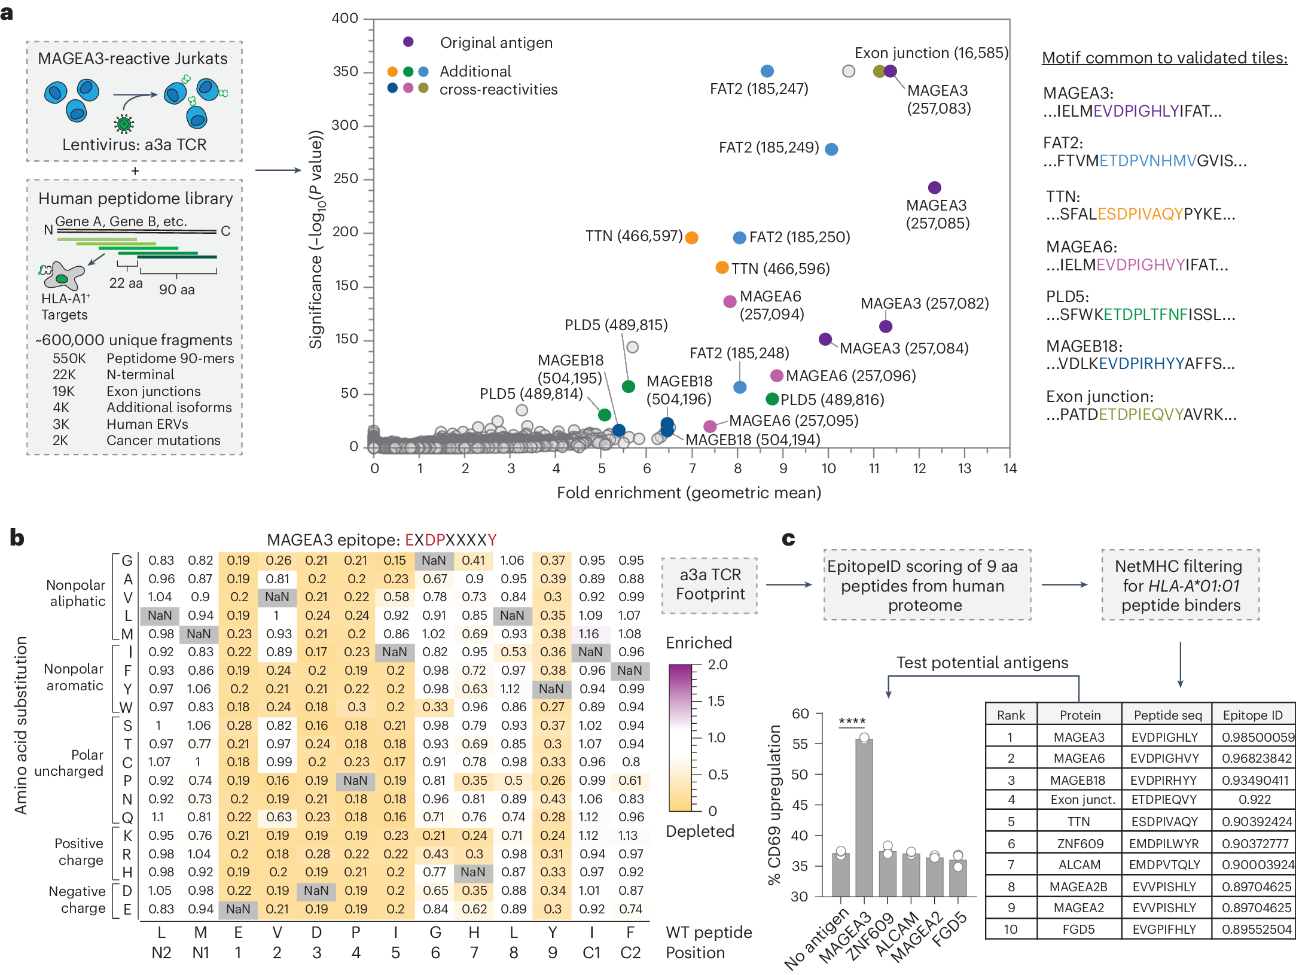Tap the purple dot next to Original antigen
pyautogui.click(x=408, y=42)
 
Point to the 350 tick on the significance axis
pyautogui.click(x=345, y=72)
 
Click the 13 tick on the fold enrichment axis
pyautogui.click(x=964, y=468)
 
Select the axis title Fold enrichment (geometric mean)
pyautogui.click(x=688, y=493)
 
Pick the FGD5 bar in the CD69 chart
pyautogui.click(x=957, y=877)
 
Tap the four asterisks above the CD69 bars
pyautogui.click(x=852, y=721)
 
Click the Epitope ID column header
pyautogui.click(x=1252, y=715)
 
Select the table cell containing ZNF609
pyautogui.click(x=1079, y=843)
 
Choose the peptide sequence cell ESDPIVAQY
pyautogui.click(x=1164, y=821)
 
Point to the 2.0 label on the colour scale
pyautogui.click(x=718, y=665)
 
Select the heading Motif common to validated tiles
pyautogui.click(x=1164, y=57)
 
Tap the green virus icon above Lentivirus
pyautogui.click(x=124, y=124)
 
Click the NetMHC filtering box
pyautogui.click(x=1180, y=585)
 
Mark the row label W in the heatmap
pyautogui.click(x=126, y=707)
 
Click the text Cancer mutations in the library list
pyautogui.click(x=163, y=440)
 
